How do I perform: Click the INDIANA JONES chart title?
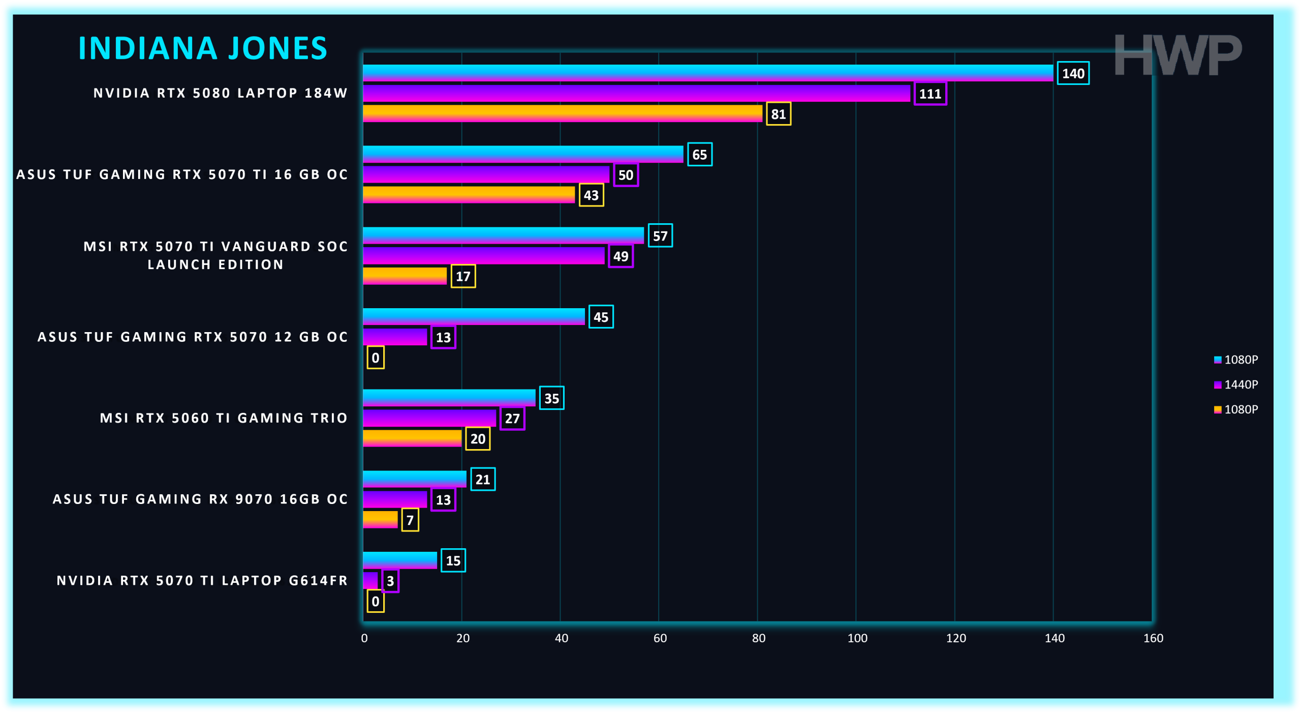[203, 48]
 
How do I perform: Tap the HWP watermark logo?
[1178, 55]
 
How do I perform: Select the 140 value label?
[1073, 73]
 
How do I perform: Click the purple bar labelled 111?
[636, 93]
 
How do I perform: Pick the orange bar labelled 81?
[562, 113]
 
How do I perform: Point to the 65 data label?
[699, 155]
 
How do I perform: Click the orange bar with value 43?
[469, 194]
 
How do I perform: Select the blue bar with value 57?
[503, 235]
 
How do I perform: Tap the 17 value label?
[463, 276]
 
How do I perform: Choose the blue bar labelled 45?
[474, 316]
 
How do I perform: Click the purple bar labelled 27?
[429, 418]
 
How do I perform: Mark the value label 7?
[410, 520]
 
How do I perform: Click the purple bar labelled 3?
[370, 580]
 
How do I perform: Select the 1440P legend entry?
[1236, 384]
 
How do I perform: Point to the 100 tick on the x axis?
[857, 638]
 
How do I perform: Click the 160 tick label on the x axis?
[1153, 638]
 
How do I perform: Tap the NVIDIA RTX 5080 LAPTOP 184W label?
[221, 93]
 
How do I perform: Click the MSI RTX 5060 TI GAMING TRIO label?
[224, 418]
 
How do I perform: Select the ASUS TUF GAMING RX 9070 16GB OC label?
[200, 499]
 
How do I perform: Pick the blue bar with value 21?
[415, 479]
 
